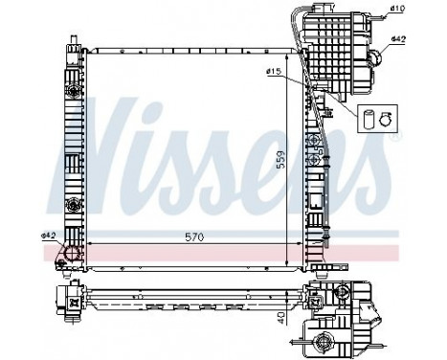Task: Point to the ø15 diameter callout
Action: tap(273, 73)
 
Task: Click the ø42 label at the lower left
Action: tap(48, 236)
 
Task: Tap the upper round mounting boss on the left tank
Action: tap(70, 91)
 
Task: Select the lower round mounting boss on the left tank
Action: tap(70, 204)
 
